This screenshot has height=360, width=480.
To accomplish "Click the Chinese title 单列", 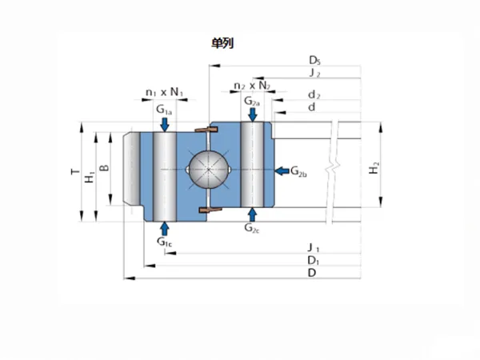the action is pos(222,43).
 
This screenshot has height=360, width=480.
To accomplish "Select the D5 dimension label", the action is pos(314,60).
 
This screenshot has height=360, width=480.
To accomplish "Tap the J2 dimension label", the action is pos(315,73).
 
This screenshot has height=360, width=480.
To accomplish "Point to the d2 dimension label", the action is pos(314,95).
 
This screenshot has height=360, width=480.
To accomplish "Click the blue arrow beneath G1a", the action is pos(165,124).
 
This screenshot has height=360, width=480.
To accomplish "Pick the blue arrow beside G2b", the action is pos(282,171).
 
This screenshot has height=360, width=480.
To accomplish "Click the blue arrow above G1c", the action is pos(165,229).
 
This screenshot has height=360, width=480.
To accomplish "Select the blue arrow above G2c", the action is pos(252,214).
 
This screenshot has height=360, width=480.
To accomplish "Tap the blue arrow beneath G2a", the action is pos(253,114).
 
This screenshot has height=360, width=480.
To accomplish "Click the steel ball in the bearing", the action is pos(209,170).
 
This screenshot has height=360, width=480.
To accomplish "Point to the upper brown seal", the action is pos(206,130).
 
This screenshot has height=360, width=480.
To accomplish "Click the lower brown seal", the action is pos(210,210).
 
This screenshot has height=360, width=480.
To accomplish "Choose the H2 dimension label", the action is pos(374,168).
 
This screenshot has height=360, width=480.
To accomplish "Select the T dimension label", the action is pos(75,172).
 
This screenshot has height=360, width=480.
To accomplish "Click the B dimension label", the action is pos(104,168).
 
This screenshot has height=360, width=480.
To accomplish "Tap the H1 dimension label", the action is pos(90,178).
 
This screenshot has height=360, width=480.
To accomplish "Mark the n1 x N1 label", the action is pos(164,92).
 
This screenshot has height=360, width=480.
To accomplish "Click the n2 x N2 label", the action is pos(252,86).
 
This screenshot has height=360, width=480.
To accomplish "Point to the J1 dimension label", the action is pos(314,248).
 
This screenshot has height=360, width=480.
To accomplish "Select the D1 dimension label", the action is pos(314,261).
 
